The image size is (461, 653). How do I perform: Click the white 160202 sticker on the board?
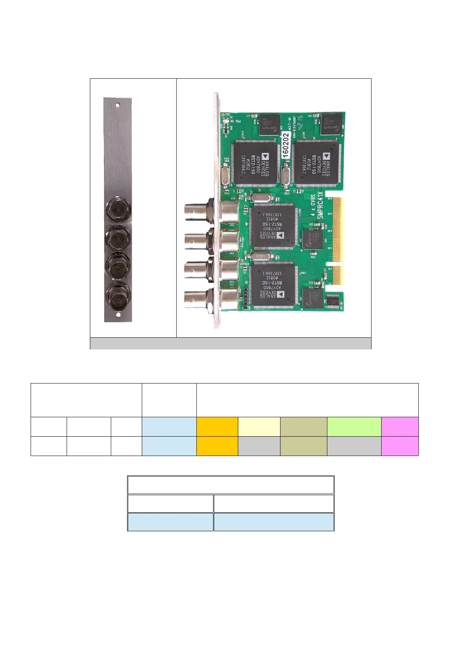[x=286, y=146]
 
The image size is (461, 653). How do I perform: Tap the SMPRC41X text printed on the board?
[x=320, y=206]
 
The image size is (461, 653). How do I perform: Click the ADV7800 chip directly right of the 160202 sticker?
[x=316, y=162]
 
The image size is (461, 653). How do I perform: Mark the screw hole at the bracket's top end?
[x=118, y=105]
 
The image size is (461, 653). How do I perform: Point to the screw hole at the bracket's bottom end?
[x=118, y=315]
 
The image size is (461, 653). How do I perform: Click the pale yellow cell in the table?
[x=259, y=427]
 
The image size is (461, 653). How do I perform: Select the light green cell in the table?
[x=354, y=427]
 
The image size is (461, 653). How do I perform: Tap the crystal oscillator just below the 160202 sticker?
[x=286, y=175]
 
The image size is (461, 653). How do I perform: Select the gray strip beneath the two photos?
[x=230, y=344]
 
